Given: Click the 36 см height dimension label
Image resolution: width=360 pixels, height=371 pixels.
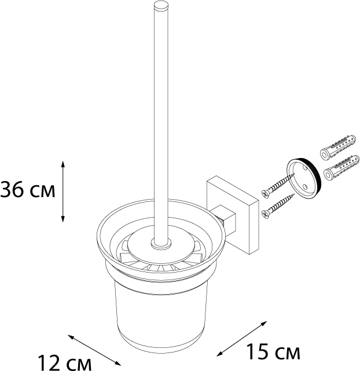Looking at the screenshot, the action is click(x=27, y=190).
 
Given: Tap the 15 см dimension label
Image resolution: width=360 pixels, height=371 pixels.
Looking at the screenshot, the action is click(x=273, y=352).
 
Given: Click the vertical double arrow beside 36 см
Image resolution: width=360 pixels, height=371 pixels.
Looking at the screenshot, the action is click(x=63, y=192).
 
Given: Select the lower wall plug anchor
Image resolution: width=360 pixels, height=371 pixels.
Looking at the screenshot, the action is click(x=341, y=168).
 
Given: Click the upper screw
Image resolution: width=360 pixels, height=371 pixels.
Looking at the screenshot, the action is click(x=278, y=185).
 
